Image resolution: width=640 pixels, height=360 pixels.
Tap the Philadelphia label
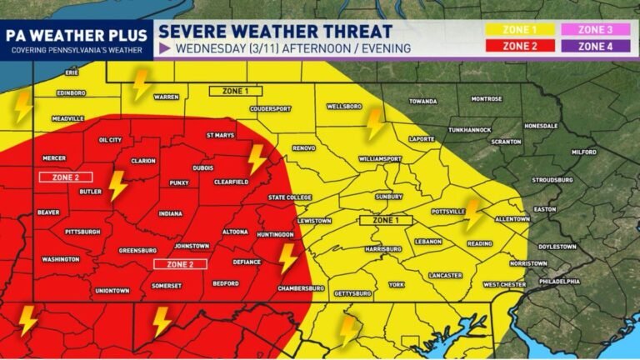tap(558, 282)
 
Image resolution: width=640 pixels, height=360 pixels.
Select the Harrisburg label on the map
tap(384, 249)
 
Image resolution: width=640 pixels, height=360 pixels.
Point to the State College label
tap(287, 197)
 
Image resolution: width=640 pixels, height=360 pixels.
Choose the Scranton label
tap(506, 142)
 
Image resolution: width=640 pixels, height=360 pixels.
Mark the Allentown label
tap(512, 218)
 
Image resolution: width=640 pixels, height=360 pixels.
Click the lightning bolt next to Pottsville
tap(473, 214)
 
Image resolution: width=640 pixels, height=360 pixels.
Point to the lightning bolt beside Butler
tap(118, 186)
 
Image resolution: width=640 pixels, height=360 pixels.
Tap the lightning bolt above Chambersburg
tap(287, 258)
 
